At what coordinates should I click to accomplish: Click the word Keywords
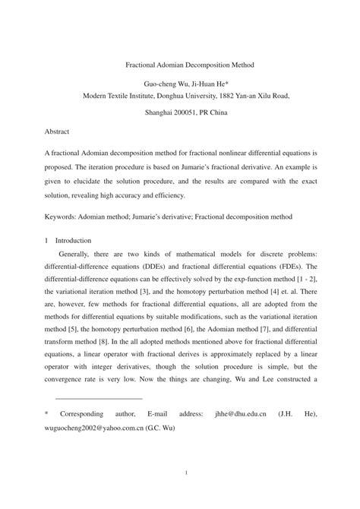coord(62,217)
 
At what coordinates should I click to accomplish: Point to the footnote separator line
coord(99,397)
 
